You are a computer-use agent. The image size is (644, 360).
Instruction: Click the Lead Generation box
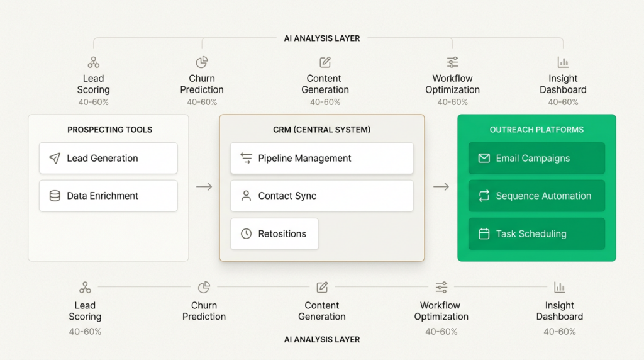[x=108, y=159]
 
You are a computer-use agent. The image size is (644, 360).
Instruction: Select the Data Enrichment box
[x=108, y=196]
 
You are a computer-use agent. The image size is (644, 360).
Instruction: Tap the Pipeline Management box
[x=321, y=159]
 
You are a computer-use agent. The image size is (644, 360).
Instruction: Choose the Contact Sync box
[x=321, y=196]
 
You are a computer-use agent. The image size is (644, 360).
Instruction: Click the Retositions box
[x=274, y=233]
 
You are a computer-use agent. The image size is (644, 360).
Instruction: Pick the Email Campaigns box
[x=536, y=159]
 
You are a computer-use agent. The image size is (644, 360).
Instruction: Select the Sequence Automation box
[x=536, y=196]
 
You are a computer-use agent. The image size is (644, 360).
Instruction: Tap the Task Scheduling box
[x=536, y=233]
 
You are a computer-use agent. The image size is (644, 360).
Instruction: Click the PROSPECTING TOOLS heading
[x=109, y=130]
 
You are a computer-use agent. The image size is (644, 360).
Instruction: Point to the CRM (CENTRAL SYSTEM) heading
[x=321, y=130]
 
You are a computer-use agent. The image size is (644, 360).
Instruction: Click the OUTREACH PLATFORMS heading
[x=536, y=130]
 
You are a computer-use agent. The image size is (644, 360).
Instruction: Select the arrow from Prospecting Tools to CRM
[x=204, y=187]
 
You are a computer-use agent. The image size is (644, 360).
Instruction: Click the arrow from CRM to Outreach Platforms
[x=441, y=187]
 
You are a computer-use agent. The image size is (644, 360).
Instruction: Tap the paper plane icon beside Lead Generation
[x=55, y=159]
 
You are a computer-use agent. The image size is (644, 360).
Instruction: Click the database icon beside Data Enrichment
[x=55, y=196]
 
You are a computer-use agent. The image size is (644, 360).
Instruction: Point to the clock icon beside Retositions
[x=246, y=233]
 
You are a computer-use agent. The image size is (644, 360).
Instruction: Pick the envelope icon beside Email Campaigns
[x=484, y=159]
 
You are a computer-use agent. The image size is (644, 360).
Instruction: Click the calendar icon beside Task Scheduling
[x=484, y=233]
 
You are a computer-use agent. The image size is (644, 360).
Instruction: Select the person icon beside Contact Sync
[x=246, y=196]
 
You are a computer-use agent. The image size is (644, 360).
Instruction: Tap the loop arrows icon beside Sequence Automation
[x=484, y=196]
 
